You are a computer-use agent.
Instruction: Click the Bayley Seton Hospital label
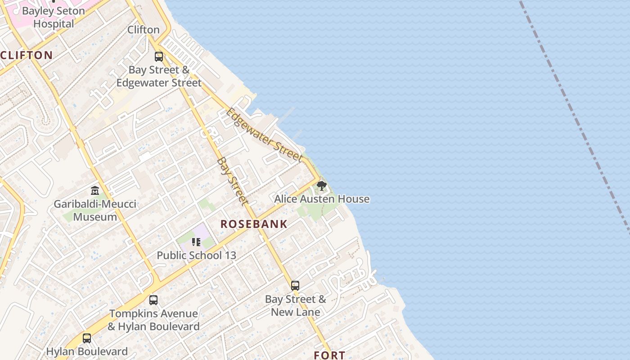53,17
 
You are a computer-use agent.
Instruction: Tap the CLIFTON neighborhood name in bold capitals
27,55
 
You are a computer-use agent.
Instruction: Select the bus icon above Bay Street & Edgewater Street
159,57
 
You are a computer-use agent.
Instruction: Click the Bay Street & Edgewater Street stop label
159,76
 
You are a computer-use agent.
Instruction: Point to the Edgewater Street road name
264,134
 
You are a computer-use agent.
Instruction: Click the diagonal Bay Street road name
232,181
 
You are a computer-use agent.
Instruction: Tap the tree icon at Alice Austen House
321,185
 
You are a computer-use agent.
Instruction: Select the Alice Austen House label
322,199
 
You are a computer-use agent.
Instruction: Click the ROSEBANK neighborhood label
254,224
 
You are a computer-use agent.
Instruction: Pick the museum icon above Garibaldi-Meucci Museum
95,191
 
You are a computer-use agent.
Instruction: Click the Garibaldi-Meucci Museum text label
95,210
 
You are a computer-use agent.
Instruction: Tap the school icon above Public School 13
196,242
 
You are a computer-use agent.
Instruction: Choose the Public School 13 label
196,255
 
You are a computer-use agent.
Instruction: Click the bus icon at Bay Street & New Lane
295,286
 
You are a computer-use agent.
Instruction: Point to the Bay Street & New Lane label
295,306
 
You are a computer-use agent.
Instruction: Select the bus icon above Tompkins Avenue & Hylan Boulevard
153,300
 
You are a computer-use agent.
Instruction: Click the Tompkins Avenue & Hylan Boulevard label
154,320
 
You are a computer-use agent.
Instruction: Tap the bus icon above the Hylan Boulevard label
87,338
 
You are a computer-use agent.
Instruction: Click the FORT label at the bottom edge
329,355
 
